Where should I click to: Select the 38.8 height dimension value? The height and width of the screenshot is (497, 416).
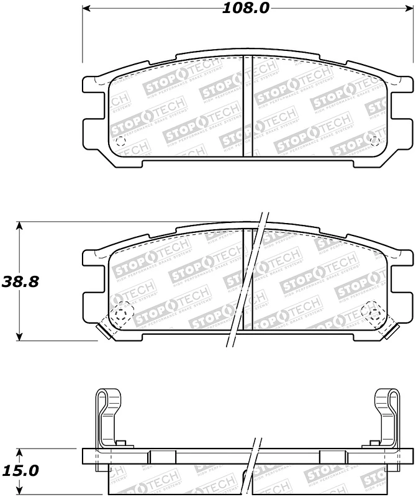(x=20, y=281)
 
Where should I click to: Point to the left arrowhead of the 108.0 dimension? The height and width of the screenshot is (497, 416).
(x=88, y=9)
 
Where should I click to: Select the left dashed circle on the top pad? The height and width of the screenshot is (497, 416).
(x=120, y=142)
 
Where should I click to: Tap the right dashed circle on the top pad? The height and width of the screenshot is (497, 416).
(x=374, y=141)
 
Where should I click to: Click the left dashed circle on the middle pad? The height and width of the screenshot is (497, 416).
(x=122, y=311)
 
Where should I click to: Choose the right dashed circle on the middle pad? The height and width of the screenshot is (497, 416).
(x=373, y=311)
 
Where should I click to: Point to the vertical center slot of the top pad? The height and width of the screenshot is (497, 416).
(x=247, y=109)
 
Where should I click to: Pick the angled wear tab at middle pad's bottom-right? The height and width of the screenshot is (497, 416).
(x=389, y=329)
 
